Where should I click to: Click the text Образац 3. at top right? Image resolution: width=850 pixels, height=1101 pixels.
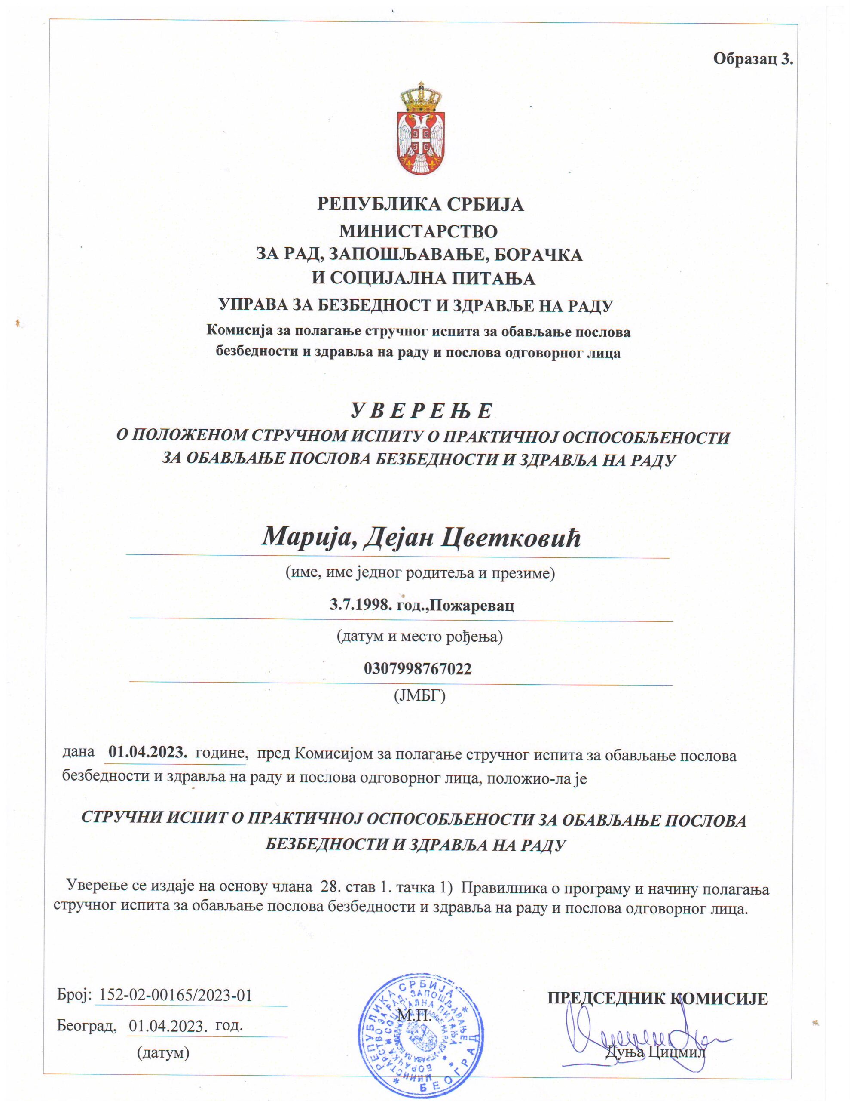coord(753,59)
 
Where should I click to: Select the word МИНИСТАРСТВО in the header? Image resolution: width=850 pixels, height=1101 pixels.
coord(418,231)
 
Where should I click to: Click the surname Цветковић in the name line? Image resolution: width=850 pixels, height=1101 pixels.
coord(511,538)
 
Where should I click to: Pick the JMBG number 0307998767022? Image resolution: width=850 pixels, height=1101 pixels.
coord(418,668)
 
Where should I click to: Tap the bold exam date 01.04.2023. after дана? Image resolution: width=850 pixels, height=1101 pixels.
coord(148,752)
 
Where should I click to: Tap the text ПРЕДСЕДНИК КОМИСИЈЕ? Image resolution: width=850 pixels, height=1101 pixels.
coord(657,999)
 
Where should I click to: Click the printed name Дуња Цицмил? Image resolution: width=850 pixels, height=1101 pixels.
coord(655,1052)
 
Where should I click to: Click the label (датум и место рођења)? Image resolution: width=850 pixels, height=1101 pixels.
coord(419,636)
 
